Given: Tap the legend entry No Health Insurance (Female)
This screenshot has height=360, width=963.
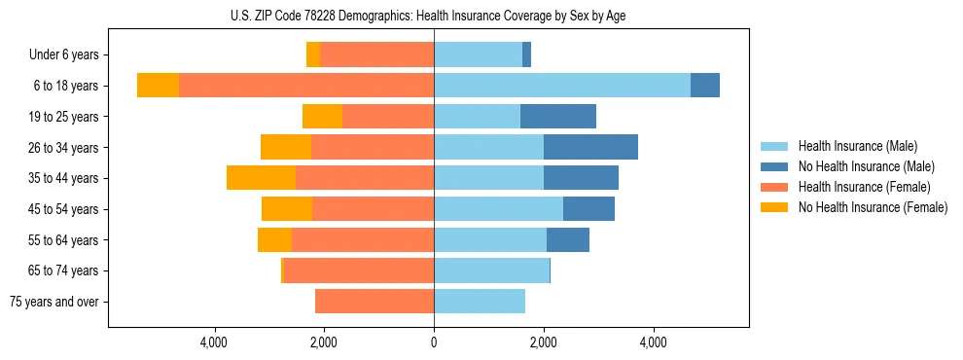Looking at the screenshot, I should pyautogui.click(x=873, y=207).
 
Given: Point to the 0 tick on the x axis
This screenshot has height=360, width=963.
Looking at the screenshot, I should pyautogui.click(x=434, y=342).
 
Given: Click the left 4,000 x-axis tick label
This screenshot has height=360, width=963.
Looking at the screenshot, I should pyautogui.click(x=214, y=342).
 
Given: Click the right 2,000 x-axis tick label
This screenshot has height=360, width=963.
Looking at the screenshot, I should pyautogui.click(x=544, y=342).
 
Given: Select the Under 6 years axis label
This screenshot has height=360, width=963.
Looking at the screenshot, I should pyautogui.click(x=70, y=55).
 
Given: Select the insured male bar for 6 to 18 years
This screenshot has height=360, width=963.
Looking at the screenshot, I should pyautogui.click(x=562, y=86).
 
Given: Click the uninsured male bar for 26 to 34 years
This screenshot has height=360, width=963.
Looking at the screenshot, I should pyautogui.click(x=590, y=147).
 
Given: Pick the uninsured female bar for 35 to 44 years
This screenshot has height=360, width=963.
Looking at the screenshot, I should pyautogui.click(x=261, y=178).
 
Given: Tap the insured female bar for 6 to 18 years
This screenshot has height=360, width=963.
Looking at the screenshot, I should pyautogui.click(x=306, y=86).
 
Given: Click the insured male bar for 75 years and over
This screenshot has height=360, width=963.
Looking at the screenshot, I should pyautogui.click(x=480, y=302).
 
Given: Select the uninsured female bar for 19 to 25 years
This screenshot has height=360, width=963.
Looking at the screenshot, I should pyautogui.click(x=322, y=117).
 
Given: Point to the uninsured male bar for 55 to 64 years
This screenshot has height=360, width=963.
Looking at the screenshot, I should pyautogui.click(x=568, y=239).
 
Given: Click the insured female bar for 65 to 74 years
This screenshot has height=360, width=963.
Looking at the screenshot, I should pyautogui.click(x=359, y=270).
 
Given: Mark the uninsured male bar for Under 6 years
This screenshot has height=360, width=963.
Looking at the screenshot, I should pyautogui.click(x=526, y=55).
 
